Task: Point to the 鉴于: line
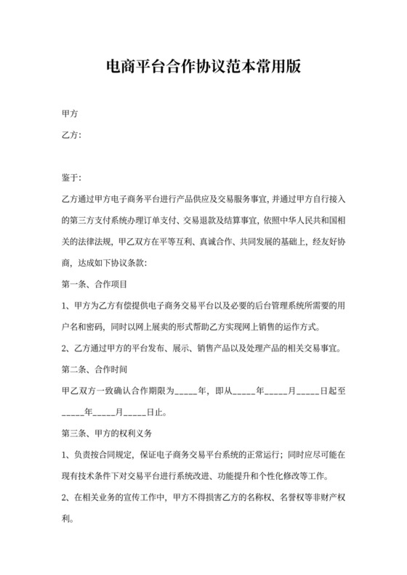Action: click(x=72, y=176)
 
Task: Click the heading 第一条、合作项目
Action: click(x=95, y=282)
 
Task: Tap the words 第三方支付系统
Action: click(x=100, y=219)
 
